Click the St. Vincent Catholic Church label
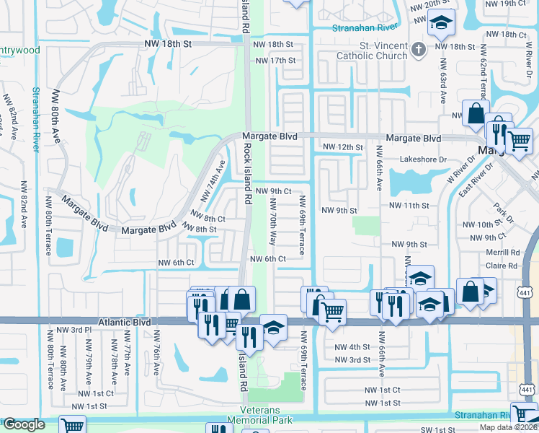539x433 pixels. coord(373,51)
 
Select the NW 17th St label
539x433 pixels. coord(275,61)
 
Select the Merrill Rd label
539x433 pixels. coord(503,253)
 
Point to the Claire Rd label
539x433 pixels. coord(502,266)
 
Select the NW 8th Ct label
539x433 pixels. coord(210,218)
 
